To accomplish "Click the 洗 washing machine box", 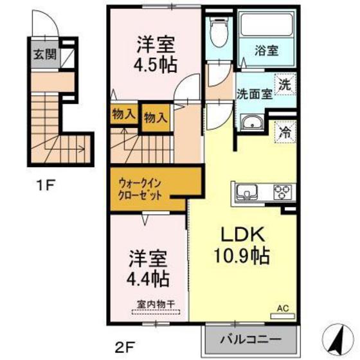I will tap(285, 83).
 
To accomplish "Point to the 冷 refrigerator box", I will tap(285, 133).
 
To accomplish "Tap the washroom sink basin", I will tap(251, 123).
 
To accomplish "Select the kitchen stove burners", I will tap(282, 191).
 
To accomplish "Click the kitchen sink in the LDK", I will tap(247, 192).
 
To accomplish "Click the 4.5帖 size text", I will tap(156, 65).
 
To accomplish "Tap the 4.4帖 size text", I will tap(148, 278).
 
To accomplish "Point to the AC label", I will tap(283, 309).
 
